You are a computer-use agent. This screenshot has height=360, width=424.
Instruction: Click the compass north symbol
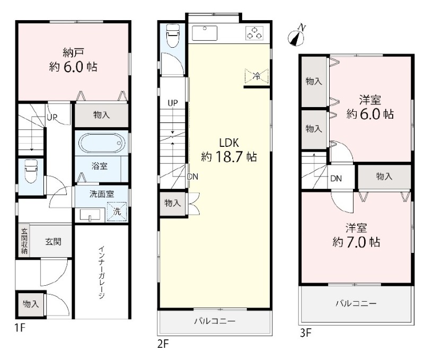tap(297, 36)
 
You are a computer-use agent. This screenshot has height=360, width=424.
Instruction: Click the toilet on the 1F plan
tap(31, 171)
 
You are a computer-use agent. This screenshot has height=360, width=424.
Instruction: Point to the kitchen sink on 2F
tap(205, 33)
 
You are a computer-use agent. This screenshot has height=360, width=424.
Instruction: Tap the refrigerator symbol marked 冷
tap(257, 76)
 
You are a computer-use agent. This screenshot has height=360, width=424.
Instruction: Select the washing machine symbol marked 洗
tap(117, 211)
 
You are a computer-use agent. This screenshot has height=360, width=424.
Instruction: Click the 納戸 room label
tap(73, 52)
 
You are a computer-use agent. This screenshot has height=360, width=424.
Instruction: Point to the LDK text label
tap(229, 143)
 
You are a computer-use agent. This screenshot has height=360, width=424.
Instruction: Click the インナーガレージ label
tap(102, 272)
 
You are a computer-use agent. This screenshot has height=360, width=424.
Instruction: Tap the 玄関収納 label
tap(24, 241)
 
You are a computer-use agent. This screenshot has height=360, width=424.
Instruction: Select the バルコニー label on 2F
tap(215, 321)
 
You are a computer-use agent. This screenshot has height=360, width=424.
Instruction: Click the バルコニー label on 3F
tap(356, 303)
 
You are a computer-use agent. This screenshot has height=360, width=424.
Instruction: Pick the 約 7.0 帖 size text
tap(356, 242)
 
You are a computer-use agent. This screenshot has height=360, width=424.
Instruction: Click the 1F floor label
tap(20, 328)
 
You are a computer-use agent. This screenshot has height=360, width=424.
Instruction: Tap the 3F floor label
tap(306, 332)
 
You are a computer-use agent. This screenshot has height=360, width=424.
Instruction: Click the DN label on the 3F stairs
tap(336, 179)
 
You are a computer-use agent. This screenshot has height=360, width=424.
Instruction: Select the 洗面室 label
tap(102, 194)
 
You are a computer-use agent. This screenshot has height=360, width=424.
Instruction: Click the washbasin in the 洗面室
tap(90, 215)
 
